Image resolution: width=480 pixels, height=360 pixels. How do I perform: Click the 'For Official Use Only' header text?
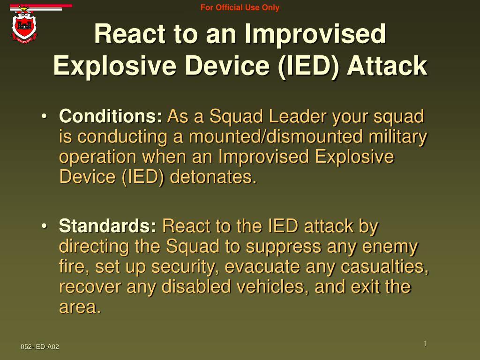240,7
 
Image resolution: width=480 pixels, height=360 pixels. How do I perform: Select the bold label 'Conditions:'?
111,116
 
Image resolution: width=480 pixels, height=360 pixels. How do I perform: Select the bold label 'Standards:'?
108,226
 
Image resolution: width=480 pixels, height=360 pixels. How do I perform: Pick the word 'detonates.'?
213,177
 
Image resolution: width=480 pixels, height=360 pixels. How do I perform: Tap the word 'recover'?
90,287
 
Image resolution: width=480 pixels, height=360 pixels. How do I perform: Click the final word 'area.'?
80,307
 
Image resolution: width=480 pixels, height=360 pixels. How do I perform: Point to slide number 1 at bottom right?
425,344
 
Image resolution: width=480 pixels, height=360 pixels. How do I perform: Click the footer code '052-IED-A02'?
40,346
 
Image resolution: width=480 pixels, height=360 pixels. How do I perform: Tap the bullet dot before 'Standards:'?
44,226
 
